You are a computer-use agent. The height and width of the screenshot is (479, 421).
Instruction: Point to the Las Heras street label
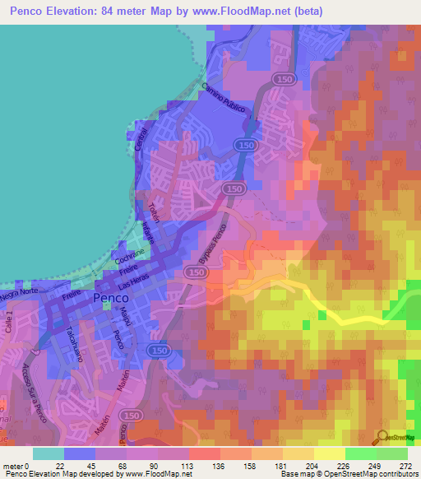click(x=136, y=281)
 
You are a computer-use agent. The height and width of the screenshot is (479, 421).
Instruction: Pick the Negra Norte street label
click(x=19, y=291)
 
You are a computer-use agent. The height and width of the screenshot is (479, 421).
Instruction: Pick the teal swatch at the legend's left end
click(x=49, y=453)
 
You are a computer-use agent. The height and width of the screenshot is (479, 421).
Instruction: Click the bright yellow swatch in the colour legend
click(x=330, y=453)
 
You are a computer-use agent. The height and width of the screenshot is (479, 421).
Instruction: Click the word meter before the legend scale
click(x=14, y=465)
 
